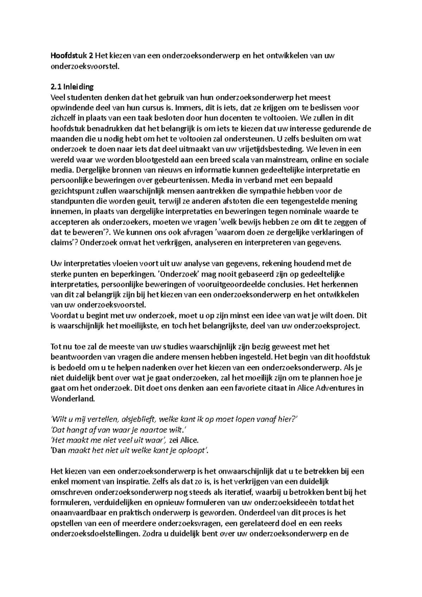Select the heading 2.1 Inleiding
pos(72,87)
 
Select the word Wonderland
pos(73,399)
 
